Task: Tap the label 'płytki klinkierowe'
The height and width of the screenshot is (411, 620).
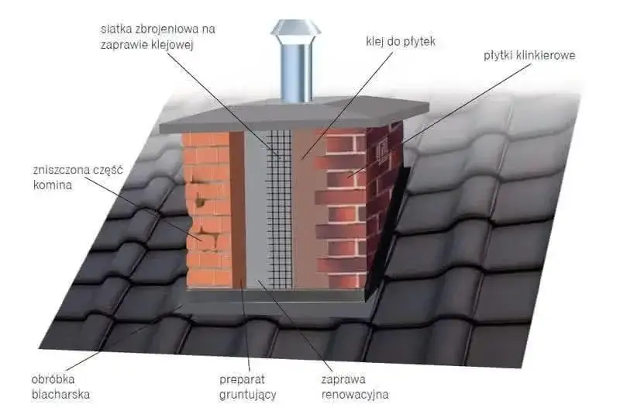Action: [x=529, y=56]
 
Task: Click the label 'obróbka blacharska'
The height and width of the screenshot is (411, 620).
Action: [x=60, y=387]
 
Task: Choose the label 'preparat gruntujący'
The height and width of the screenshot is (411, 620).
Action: [x=247, y=387]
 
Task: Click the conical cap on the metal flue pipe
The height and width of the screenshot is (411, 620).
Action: [x=294, y=30]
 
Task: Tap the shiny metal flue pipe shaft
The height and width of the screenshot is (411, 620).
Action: [x=294, y=74]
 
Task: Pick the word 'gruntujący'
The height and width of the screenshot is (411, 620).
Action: [x=247, y=394]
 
